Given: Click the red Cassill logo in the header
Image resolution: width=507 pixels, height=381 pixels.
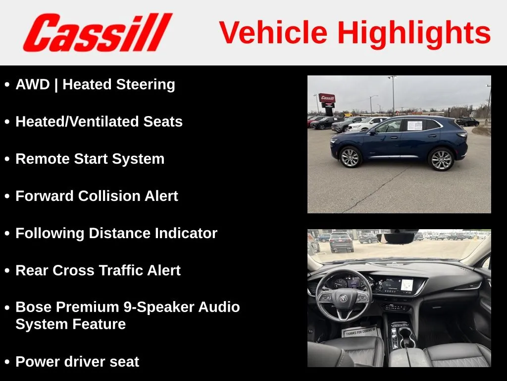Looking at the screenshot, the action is click(x=98, y=32).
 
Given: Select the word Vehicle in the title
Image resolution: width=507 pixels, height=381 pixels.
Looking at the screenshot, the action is click(x=273, y=32).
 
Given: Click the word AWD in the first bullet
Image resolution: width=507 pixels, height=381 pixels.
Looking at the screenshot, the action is click(x=33, y=84).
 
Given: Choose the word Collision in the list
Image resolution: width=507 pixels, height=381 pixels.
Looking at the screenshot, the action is click(x=109, y=196).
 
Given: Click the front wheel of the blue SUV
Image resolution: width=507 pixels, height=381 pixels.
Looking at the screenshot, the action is click(x=350, y=157).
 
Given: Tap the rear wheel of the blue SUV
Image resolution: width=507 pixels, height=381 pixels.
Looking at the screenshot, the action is click(x=441, y=159).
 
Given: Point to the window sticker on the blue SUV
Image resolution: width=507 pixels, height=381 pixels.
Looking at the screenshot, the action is click(x=414, y=126).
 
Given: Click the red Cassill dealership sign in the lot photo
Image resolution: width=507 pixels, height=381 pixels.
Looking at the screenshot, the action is click(x=327, y=98).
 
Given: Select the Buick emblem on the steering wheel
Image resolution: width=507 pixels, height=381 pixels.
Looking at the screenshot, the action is click(x=343, y=298).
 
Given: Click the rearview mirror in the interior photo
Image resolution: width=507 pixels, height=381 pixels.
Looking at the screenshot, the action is click(x=396, y=238).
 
